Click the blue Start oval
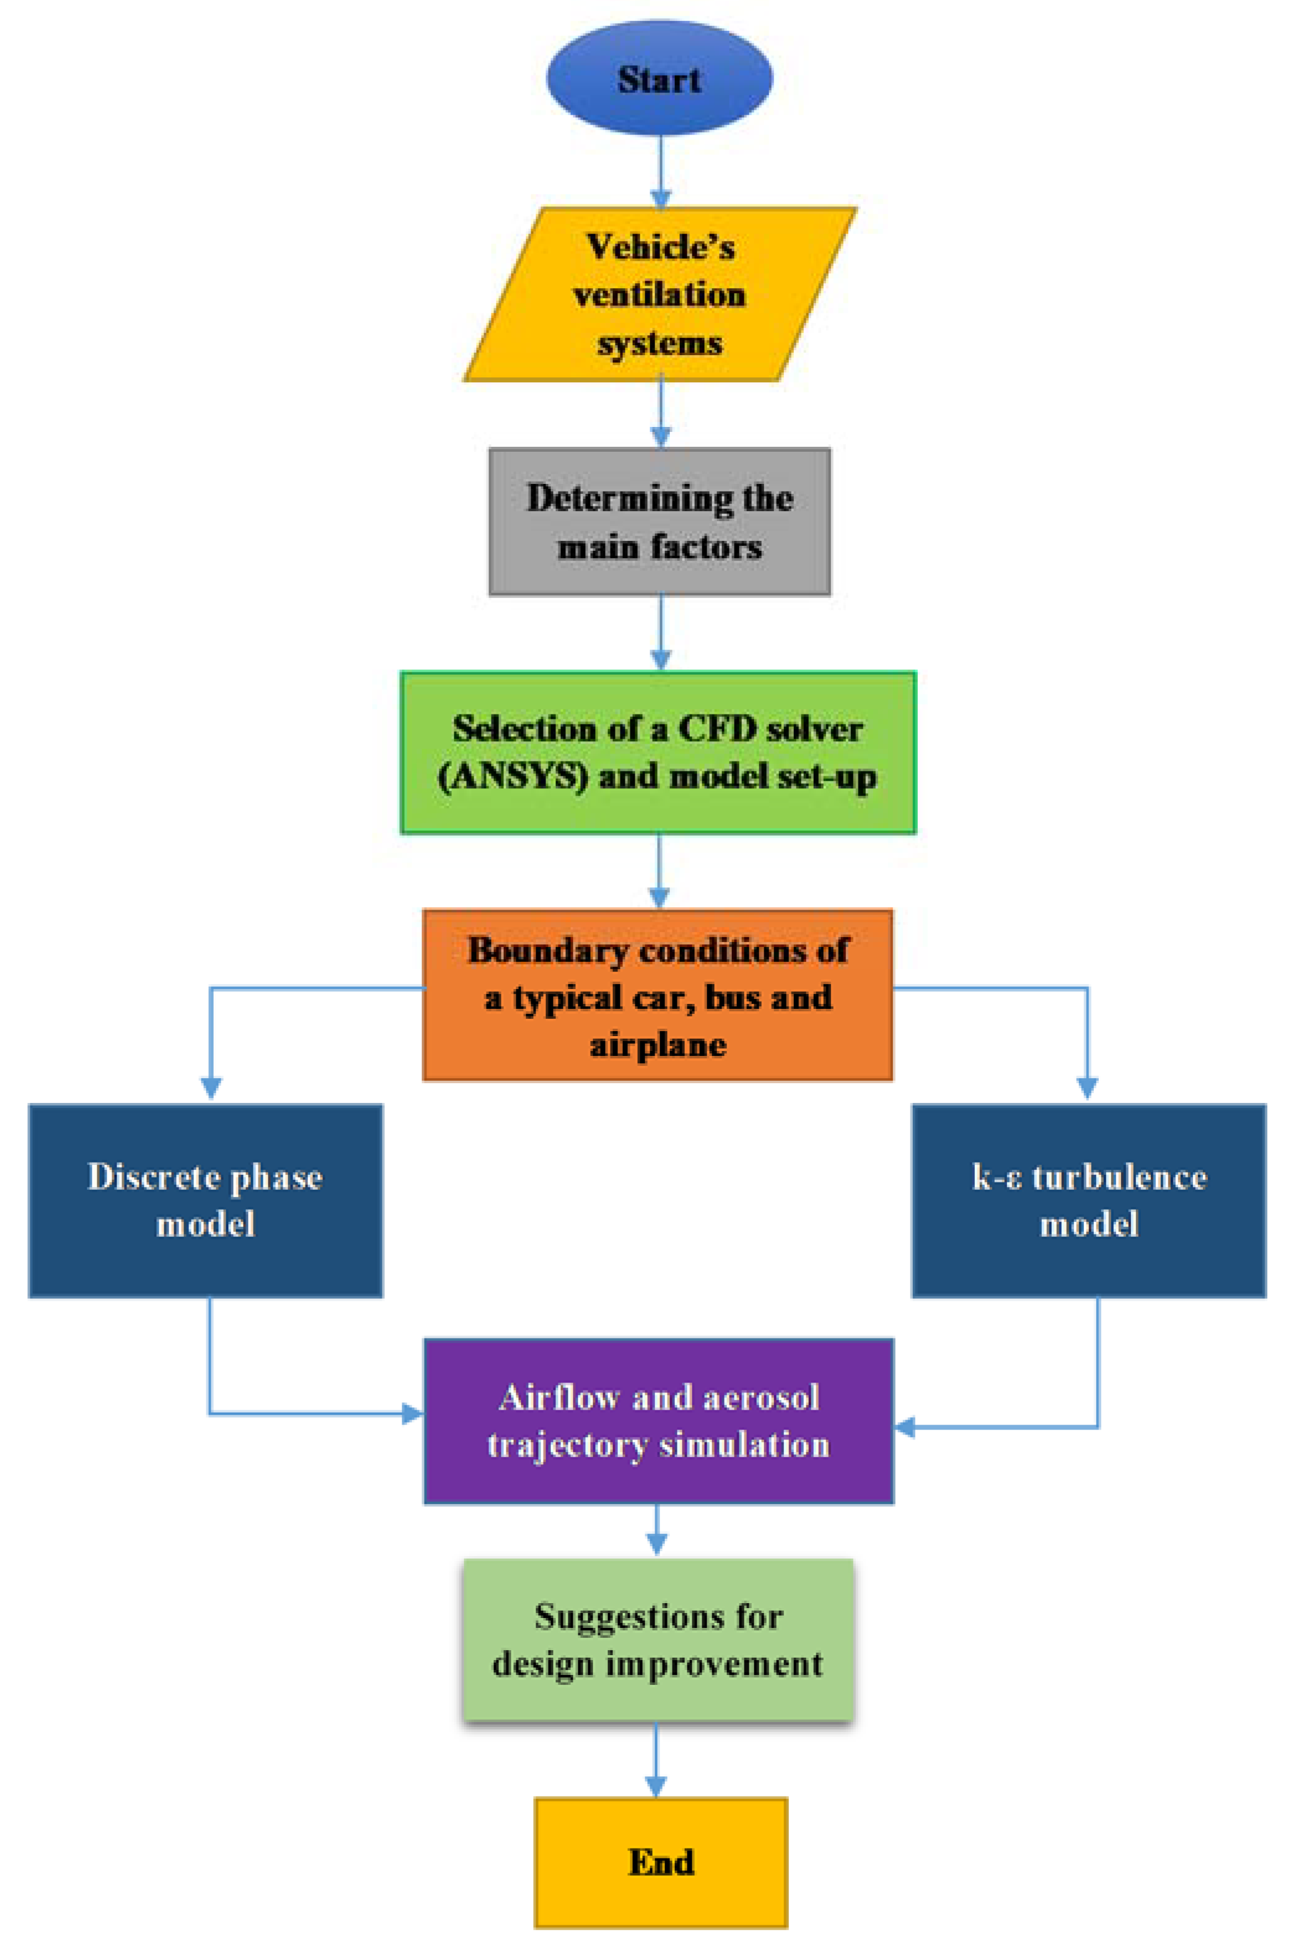pos(659,78)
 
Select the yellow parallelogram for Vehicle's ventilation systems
pos(659,294)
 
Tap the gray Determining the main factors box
pos(659,522)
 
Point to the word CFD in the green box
pos(714,729)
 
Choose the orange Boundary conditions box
pos(658,995)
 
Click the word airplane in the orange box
pos(658,1045)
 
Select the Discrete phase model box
pos(206,1200)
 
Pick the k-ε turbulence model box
pos(1088,1200)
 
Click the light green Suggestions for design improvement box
pos(658,1640)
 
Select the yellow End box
pos(660,1862)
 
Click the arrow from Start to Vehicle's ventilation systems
pos(660,169)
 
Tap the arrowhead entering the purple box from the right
pos(905,1427)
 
